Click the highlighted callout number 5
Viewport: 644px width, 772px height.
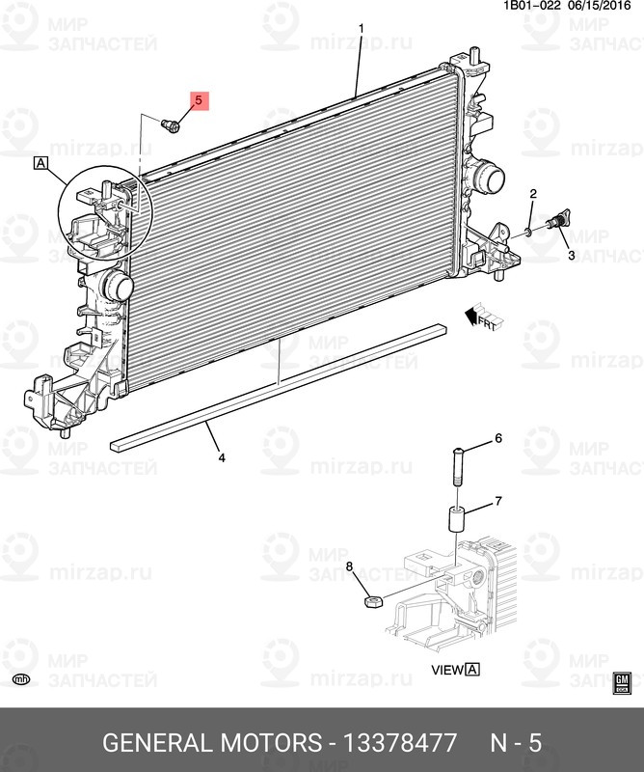[199, 101]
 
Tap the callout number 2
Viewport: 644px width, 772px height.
[531, 196]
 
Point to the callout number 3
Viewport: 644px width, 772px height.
[571, 256]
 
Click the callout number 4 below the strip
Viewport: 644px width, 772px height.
[221, 457]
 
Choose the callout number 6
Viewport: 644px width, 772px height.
[498, 438]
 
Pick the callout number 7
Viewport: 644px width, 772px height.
[498, 501]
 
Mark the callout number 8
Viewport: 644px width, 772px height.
[350, 565]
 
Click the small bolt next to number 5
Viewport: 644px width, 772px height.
[172, 124]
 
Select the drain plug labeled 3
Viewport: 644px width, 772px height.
[557, 223]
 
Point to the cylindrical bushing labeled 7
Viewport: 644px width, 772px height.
[455, 515]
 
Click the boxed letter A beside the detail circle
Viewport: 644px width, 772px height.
[40, 163]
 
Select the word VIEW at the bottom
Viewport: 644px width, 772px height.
[447, 669]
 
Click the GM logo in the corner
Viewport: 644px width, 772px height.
[622, 682]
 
